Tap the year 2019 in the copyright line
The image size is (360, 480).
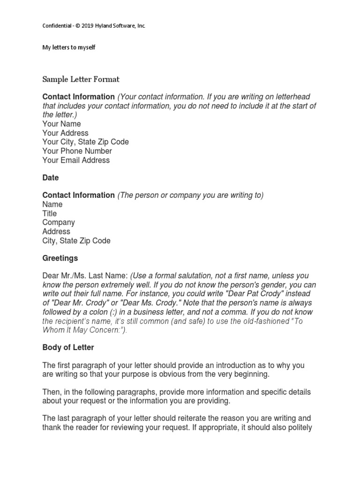(88, 26)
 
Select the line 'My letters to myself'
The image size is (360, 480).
(69, 47)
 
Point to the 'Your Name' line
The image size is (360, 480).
(61, 124)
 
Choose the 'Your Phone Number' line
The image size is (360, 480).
(77, 151)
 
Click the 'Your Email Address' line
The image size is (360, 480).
(76, 160)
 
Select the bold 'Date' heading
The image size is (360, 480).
(51, 178)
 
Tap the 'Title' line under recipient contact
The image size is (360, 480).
(50, 213)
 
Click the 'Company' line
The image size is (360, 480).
(59, 222)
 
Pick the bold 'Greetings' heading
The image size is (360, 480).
(60, 258)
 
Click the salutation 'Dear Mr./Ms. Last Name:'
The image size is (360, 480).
(85, 276)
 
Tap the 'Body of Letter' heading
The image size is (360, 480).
(68, 347)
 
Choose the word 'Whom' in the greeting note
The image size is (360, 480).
(53, 330)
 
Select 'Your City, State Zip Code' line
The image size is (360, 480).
(85, 142)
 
